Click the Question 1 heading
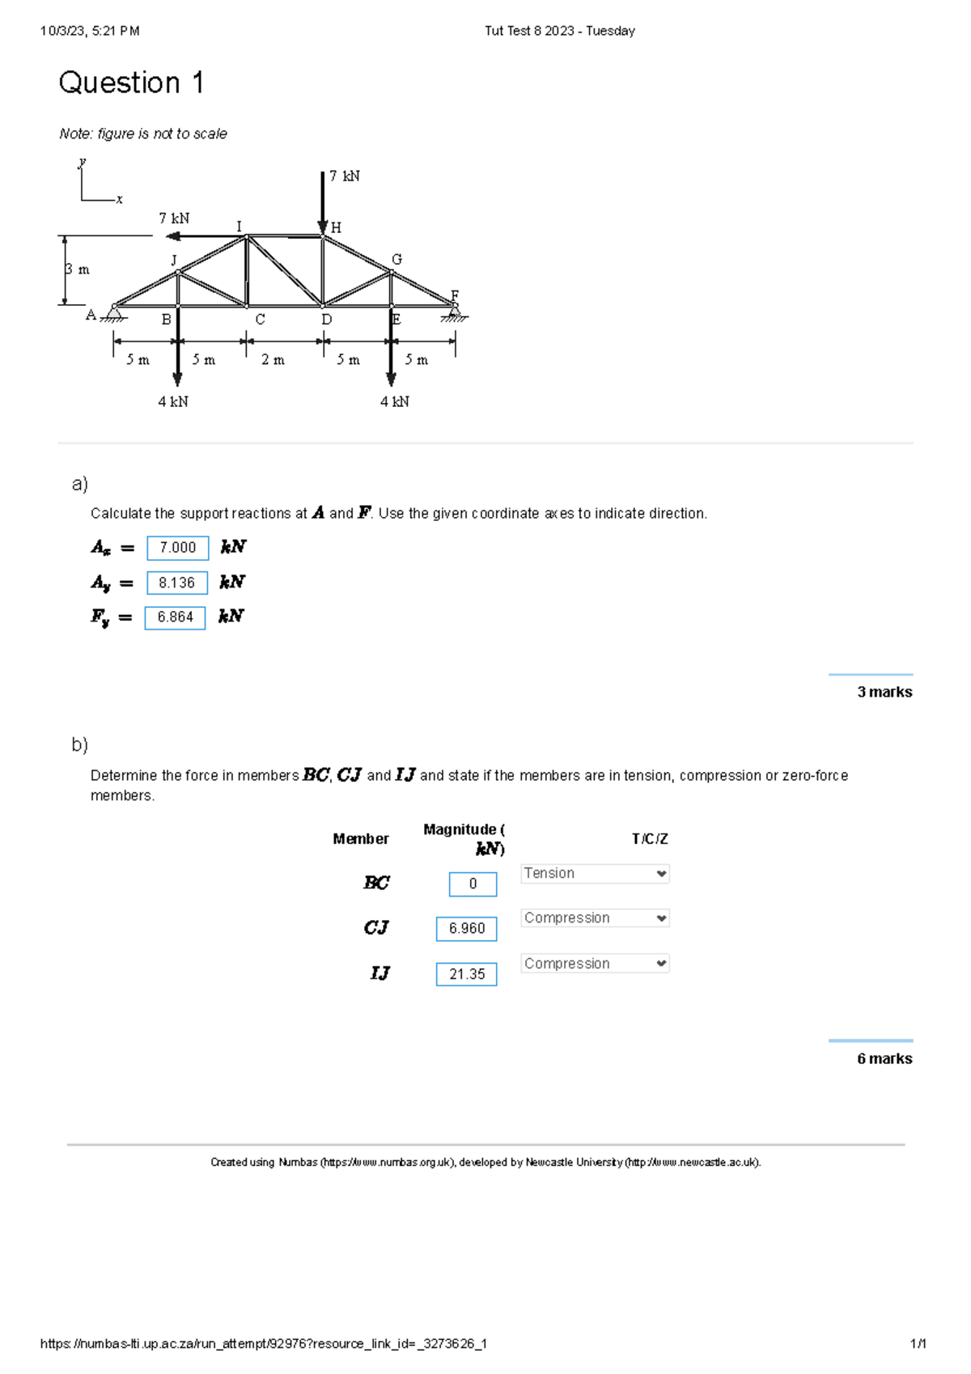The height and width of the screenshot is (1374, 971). coord(131,83)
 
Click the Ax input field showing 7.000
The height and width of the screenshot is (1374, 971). coord(178,548)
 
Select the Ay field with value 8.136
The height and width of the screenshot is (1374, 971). coord(177,583)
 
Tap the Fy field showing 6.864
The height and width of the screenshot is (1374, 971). coord(176,617)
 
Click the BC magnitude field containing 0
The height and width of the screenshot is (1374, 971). coord(473,884)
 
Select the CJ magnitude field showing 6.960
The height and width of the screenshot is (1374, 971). coord(467,929)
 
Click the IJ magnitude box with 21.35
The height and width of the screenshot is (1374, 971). coord(467,974)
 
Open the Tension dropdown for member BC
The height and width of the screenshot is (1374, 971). coord(595,874)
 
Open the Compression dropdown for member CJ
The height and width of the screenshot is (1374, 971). coord(595,918)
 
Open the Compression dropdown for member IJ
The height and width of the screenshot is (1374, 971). coord(595,964)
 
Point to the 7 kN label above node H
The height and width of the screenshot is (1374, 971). coord(345,176)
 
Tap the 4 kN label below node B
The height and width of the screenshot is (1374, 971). coord(173,402)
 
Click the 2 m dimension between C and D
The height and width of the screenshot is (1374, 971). coord(273,360)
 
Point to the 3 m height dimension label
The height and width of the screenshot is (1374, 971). coord(78,269)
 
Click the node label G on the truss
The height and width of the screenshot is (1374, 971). coord(396,260)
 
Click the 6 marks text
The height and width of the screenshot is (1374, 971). coord(884,1059)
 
